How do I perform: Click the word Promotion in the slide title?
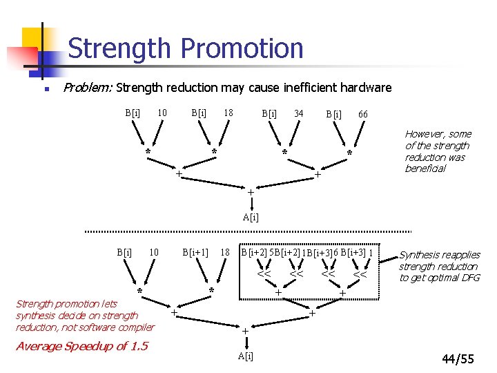(x=242, y=48)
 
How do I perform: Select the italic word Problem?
(x=88, y=88)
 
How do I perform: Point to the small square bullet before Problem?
(x=45, y=89)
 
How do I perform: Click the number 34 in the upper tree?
(x=298, y=113)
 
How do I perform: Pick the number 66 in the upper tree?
(x=362, y=113)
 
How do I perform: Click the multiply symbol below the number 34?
(x=284, y=152)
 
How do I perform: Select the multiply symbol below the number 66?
(x=349, y=153)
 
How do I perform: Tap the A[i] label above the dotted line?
(x=251, y=217)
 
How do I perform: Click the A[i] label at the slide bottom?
(x=245, y=356)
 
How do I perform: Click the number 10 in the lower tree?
(x=155, y=252)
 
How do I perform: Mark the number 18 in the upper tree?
(x=228, y=112)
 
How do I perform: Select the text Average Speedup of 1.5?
(x=81, y=346)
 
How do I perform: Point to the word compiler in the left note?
(x=137, y=327)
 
